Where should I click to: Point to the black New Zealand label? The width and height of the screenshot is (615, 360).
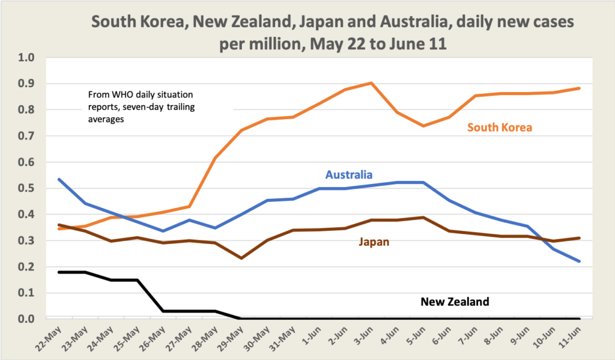[455, 302]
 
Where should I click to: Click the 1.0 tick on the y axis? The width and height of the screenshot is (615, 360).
[27, 58]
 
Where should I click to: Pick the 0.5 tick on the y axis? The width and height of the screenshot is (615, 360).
[27, 188]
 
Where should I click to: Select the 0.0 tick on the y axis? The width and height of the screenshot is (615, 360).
[27, 319]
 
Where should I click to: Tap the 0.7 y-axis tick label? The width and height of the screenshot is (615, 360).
[27, 136]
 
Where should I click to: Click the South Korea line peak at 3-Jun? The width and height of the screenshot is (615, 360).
[371, 83]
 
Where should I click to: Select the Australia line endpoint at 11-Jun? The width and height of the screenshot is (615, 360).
[580, 261]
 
